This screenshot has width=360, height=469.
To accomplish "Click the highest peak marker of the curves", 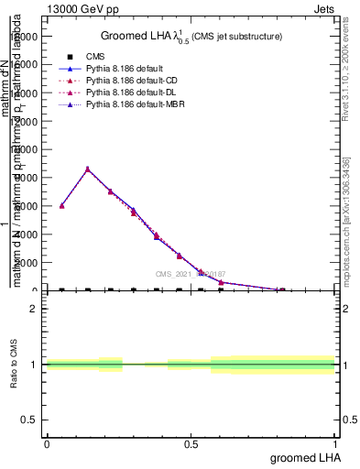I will pos(87,169).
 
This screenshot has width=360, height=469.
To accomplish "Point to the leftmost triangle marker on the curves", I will pos(61,205).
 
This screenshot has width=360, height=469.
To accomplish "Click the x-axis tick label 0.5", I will pos(191,444).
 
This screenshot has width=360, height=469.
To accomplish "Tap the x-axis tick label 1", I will pos(335,444).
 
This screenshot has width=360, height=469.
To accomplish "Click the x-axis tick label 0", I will pos(47,444).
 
